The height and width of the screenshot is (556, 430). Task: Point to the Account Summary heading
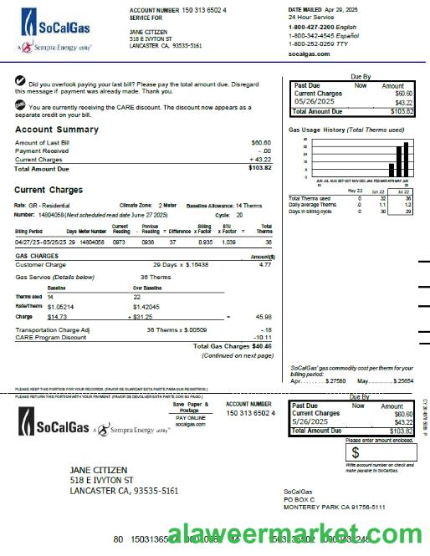click(56, 130)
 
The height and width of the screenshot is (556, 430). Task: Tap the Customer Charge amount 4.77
click(265, 264)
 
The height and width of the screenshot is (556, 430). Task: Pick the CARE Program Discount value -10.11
click(262, 338)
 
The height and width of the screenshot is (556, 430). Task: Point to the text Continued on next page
click(237, 355)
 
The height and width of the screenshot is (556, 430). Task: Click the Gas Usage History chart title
click(346, 130)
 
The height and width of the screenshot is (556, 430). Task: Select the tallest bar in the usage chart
click(407, 161)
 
